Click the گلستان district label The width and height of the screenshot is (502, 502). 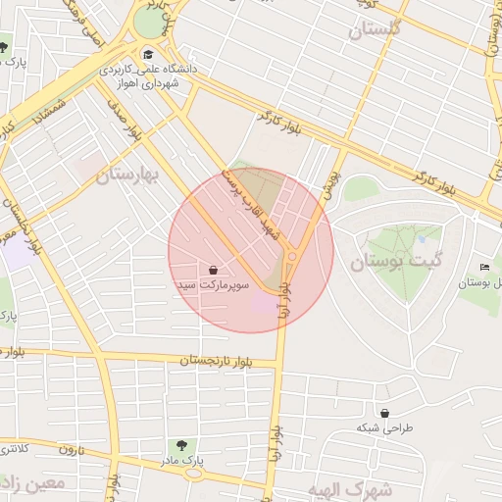[376, 28]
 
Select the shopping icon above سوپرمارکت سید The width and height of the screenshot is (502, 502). [214, 270]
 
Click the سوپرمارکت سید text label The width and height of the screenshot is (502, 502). [214, 285]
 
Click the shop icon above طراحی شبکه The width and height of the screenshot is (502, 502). [384, 414]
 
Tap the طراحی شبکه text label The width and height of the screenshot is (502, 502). [385, 428]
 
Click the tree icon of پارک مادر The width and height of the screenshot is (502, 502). [178, 445]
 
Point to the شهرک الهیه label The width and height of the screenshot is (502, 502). [363, 487]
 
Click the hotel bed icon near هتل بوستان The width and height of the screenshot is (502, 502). [484, 268]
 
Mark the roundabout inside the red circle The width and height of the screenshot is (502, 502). [291, 258]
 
